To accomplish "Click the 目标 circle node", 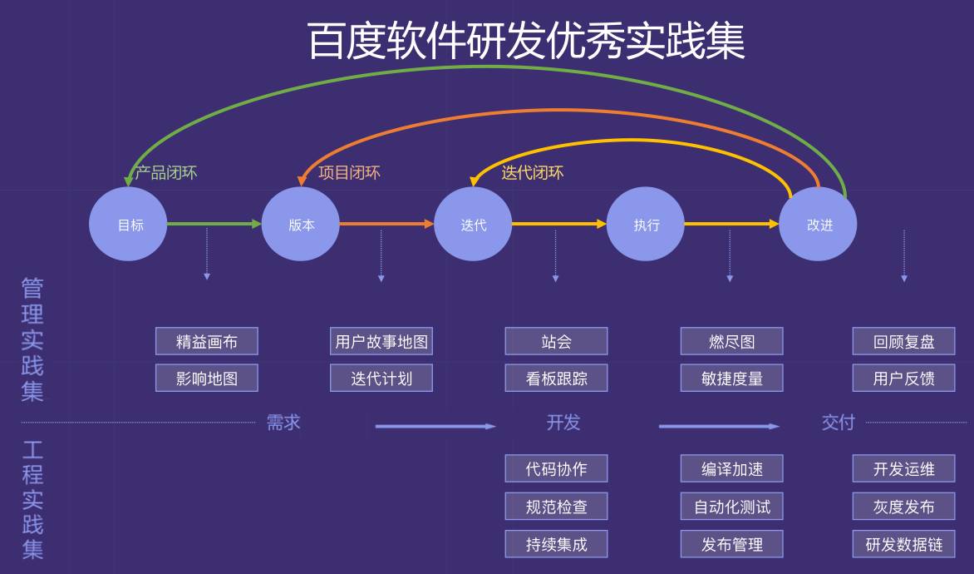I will pos(129,224).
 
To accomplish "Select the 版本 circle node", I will pos(301,224).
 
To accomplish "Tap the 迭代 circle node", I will pos(473,224).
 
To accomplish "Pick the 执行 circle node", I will pos(646,224).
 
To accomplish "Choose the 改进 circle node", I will pos(818,224).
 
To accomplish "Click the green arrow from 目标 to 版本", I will pos(214,224).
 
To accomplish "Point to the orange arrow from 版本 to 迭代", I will pos(386,224).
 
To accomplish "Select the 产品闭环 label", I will pos(166,173).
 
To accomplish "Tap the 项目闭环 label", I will pos(349,173).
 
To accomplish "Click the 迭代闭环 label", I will pos(532,173).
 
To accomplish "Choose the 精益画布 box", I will pos(207,341).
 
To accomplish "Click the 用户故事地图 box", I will pos(381,341).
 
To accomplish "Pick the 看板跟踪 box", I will pos(556,378).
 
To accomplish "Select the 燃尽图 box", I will pos(731,341).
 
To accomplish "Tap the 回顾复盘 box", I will pos(903,341).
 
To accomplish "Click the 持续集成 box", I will pos(556,544).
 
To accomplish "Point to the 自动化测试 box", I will pos(731,506).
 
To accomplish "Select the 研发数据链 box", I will pos(903,544).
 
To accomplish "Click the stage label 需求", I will pos(283,423).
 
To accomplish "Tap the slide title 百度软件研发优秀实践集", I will pos(526,41).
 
